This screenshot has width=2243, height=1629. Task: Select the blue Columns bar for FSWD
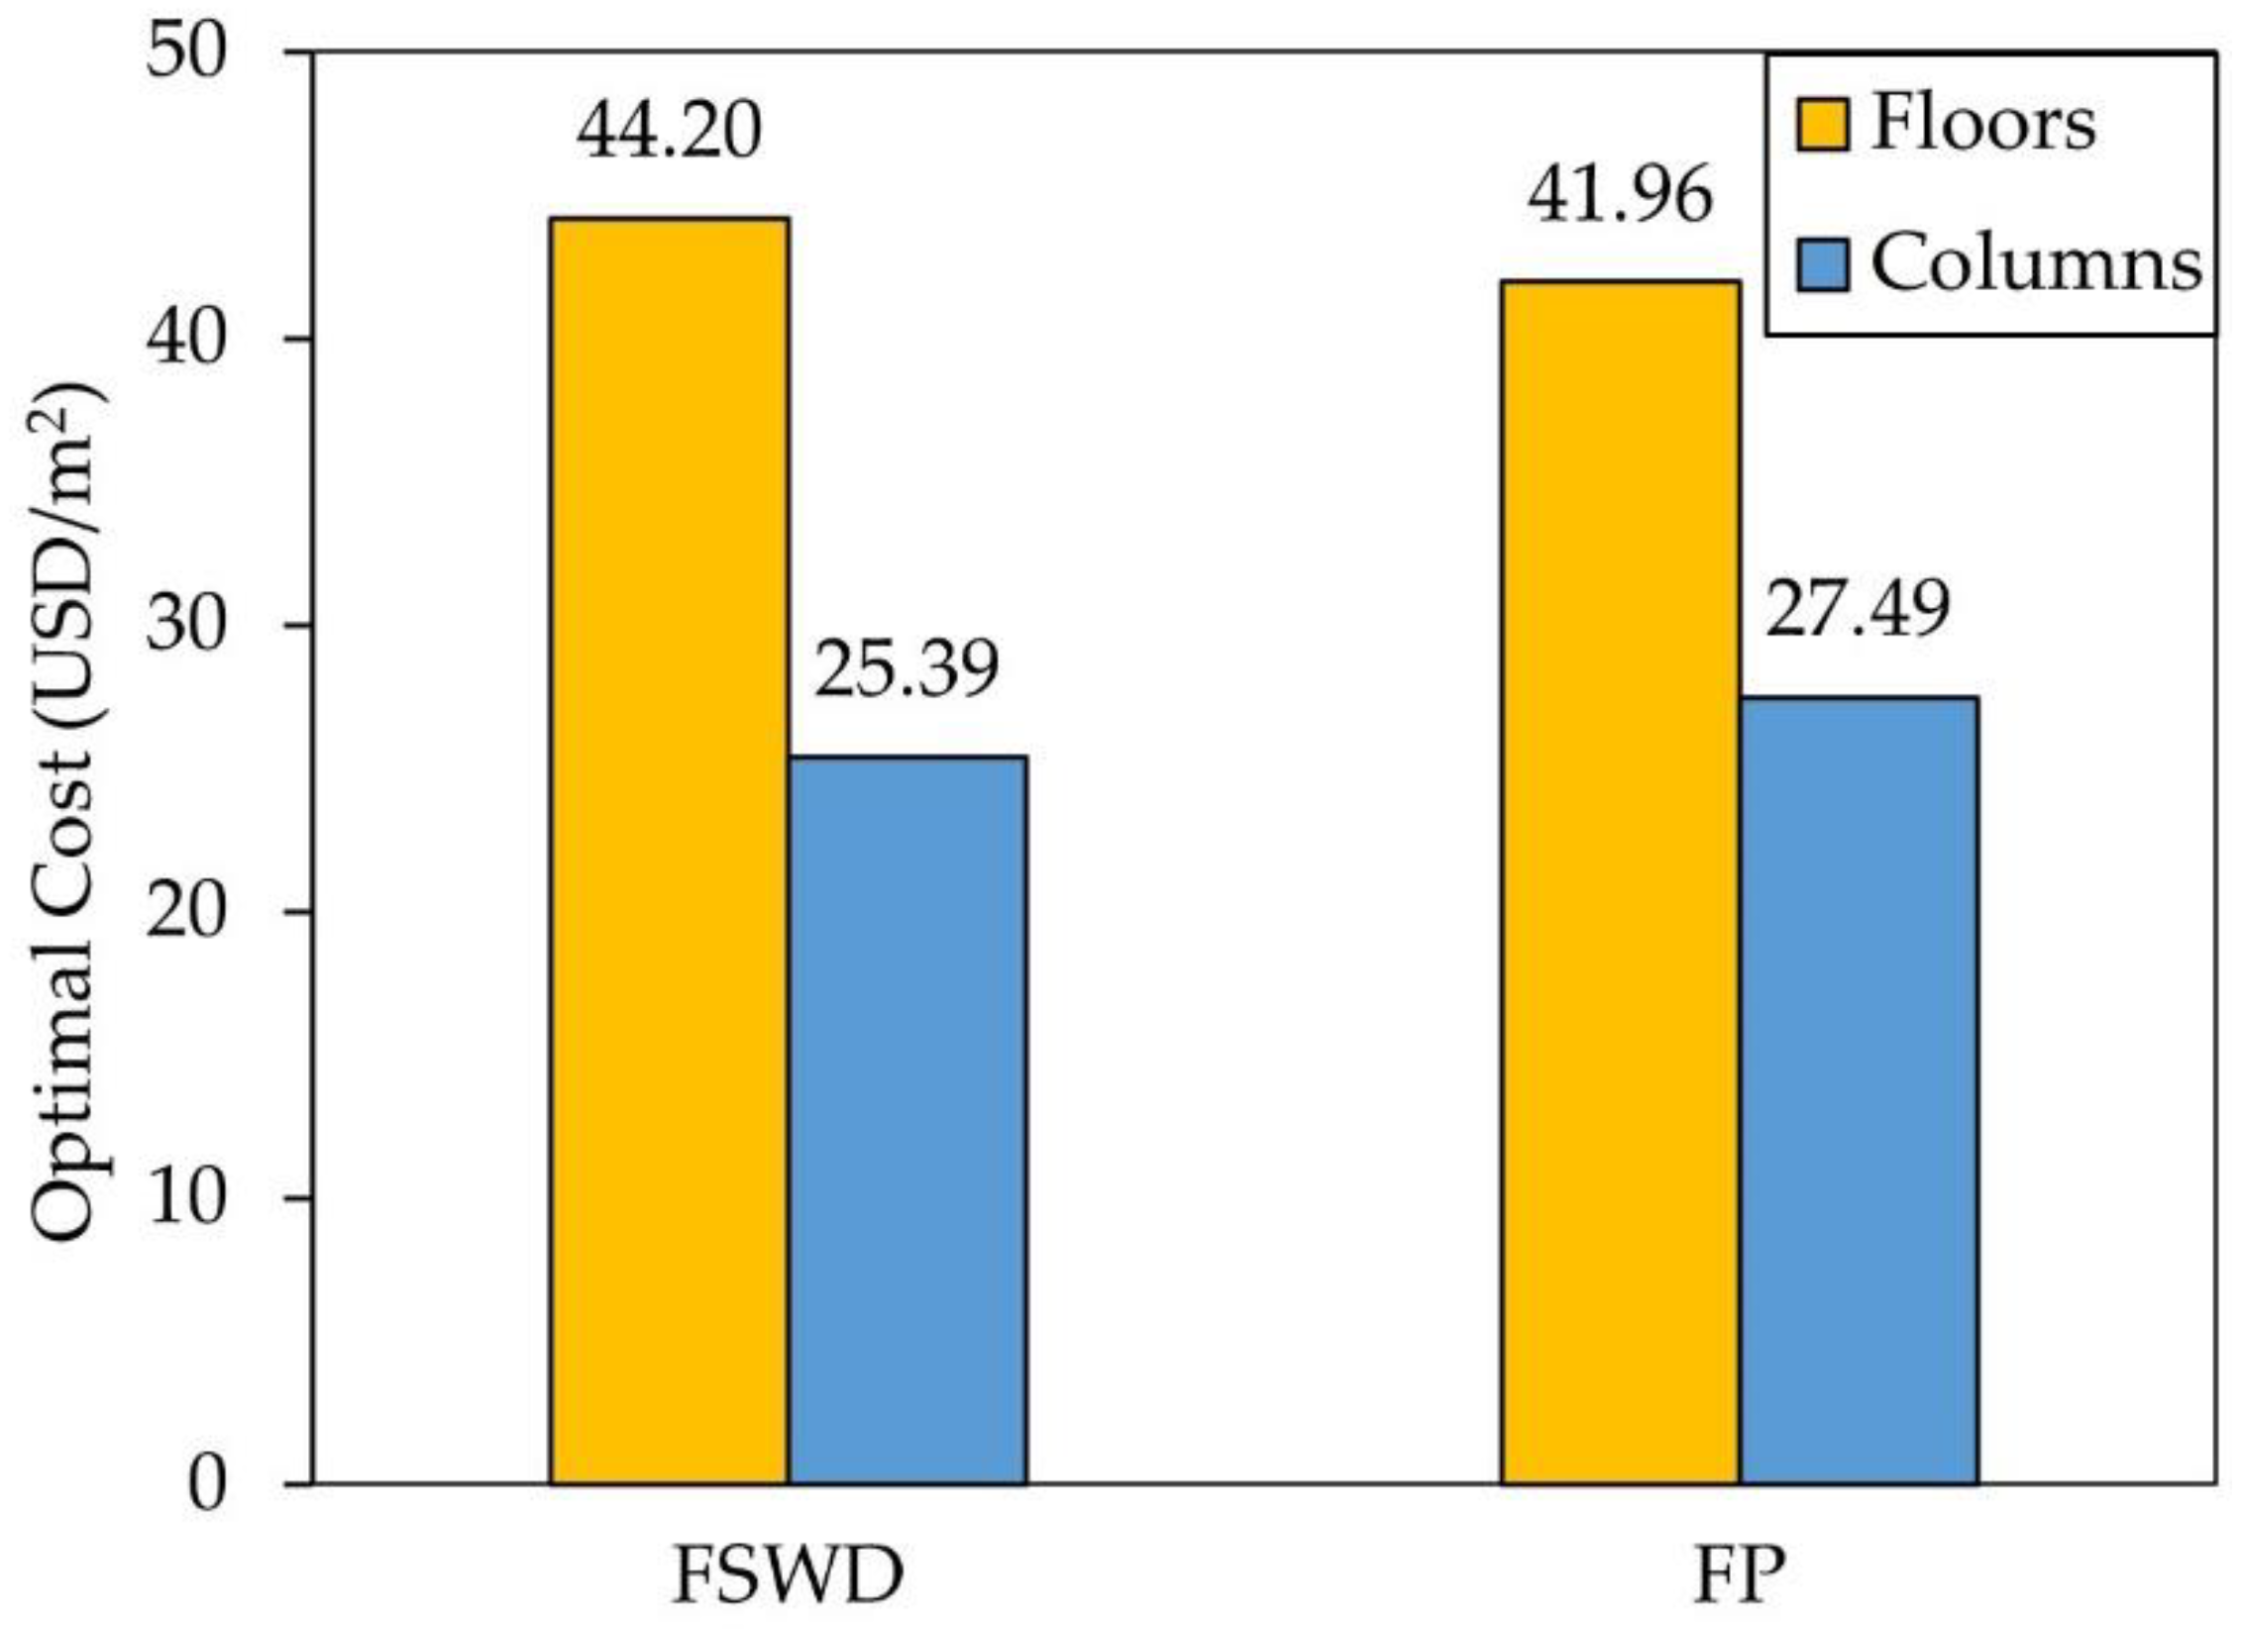908,1119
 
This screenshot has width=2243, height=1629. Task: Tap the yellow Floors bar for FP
1621,881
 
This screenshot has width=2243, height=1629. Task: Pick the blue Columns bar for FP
1859,1089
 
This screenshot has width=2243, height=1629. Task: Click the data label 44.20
670,132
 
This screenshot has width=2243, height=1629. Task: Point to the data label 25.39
907,669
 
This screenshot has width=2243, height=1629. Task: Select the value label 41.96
1620,194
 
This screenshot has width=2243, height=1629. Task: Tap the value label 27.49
1858,609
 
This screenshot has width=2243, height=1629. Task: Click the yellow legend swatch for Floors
1822,125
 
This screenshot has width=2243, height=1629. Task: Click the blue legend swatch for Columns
1822,264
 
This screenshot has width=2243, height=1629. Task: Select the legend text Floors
1983,125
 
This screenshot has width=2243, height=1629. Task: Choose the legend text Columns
2036,264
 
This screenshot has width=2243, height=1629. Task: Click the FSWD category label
789,1577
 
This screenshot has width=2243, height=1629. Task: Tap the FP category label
1740,1577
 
